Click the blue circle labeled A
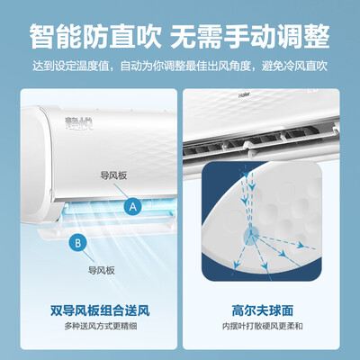133,207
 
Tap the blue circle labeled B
77,242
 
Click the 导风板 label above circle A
113,175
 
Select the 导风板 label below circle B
102,270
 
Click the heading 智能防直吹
95,37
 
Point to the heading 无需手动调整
250,37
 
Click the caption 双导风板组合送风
100,310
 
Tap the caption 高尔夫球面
263,310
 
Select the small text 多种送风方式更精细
101,326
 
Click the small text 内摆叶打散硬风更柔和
263,326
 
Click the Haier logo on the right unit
244,95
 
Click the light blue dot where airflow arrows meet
250,236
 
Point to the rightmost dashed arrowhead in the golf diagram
301,246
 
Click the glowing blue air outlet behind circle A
120,208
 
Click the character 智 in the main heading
42,37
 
